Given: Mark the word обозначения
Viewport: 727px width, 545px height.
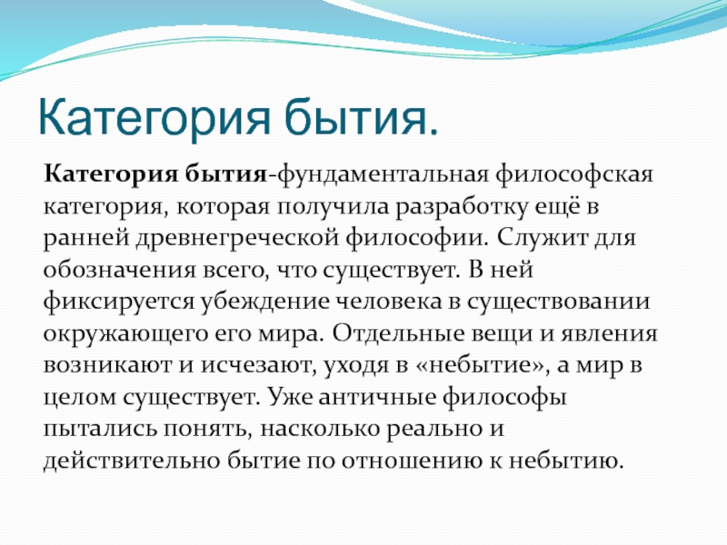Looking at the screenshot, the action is [120, 270].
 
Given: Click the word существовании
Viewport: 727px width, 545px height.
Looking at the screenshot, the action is [558, 302].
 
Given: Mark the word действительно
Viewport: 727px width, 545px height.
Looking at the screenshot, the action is [131, 461].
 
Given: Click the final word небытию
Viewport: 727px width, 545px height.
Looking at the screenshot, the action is [565, 461].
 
